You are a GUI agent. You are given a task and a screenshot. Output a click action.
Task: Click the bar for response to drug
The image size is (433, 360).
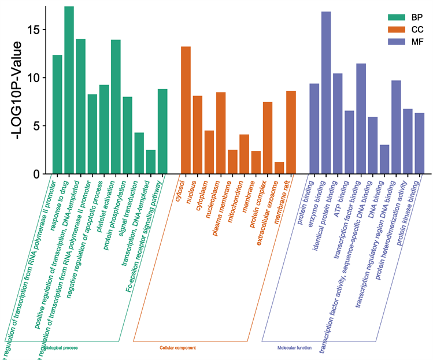tap(69, 90)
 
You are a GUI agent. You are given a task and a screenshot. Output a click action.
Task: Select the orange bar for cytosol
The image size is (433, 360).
tap(186, 110)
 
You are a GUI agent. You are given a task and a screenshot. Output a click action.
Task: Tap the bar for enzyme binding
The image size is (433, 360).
tap(326, 92)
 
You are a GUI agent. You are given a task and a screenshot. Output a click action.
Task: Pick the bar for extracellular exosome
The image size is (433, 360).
tap(279, 168)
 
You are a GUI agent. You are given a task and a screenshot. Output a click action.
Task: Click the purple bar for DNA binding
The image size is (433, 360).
tap(384, 159)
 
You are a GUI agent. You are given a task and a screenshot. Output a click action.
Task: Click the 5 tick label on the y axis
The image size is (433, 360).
tap(38, 125)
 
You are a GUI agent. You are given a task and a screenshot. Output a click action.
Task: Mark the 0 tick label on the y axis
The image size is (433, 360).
tap(38, 174)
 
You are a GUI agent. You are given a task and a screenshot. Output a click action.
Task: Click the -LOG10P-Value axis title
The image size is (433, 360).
tap(18, 90)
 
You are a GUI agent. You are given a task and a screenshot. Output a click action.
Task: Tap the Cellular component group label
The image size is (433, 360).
tap(177, 348)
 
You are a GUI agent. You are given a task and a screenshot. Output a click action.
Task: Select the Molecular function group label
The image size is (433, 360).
tap(295, 348)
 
